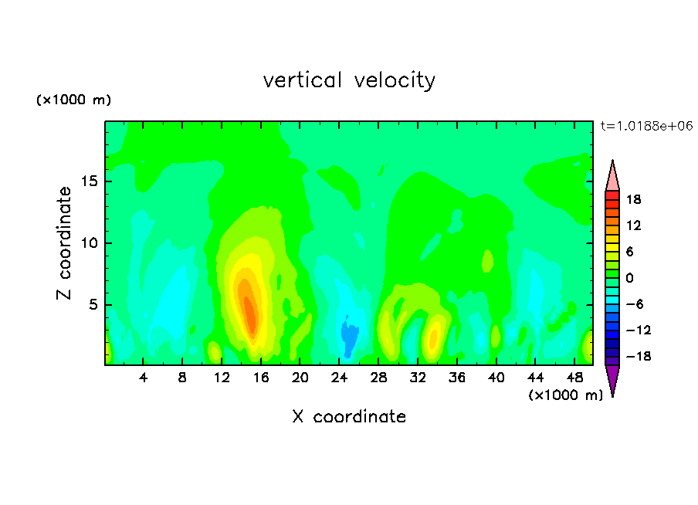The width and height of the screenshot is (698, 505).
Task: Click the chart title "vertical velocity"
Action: pos(349,80)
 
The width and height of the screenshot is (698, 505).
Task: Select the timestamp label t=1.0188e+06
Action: pos(646,126)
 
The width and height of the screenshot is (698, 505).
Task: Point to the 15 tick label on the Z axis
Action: pos(90,181)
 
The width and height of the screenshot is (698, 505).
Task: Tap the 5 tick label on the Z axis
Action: pos(93,304)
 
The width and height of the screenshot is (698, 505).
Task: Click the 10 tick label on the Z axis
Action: pos(90,243)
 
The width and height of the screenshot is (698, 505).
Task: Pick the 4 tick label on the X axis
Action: pos(143,378)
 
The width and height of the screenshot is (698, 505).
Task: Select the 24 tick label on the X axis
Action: pos(339,378)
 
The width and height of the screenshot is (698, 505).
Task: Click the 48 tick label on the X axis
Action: pos(574,378)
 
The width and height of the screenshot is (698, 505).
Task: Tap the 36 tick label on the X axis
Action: pos(457,378)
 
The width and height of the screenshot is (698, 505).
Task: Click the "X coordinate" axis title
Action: pos(349,416)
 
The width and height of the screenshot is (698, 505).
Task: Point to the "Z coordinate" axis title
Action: pos(64,243)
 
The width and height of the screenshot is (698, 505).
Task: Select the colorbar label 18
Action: pos(634,199)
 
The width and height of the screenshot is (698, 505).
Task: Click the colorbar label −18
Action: pos(639,356)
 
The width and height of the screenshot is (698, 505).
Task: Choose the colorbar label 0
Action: pos(629,278)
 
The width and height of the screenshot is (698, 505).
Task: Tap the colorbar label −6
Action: pos(635,304)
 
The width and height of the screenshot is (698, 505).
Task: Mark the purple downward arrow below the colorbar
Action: pos(612,379)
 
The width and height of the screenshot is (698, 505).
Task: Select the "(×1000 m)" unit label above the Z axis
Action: pos(73,100)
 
